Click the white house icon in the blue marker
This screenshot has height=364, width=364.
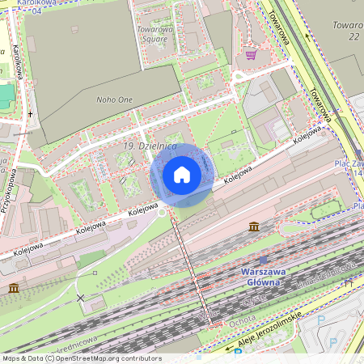pyautogui.click(x=182, y=175)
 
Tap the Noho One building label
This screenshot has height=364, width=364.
pyautogui.click(x=114, y=99)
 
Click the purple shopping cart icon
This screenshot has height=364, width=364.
pyautogui.click(x=251, y=55)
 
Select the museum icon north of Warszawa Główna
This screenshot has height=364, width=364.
pyautogui.click(x=254, y=226)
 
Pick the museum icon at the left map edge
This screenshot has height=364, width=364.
pyautogui.click(x=14, y=288)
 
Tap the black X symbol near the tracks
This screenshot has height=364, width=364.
pyautogui.click(x=80, y=298)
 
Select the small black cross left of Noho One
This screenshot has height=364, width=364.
pyautogui.click(x=30, y=114)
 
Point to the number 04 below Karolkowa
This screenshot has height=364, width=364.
pyautogui.click(x=36, y=11)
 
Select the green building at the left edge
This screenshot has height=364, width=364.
pyautogui.click(x=6, y=93)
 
